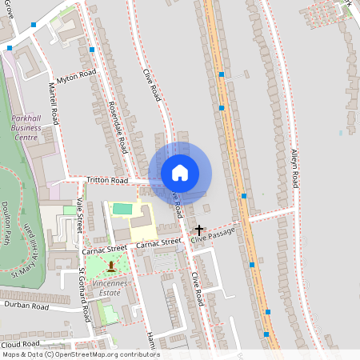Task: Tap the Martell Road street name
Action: pyautogui.click(x=54, y=103)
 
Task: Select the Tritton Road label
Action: pyautogui.click(x=108, y=182)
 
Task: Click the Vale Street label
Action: pyautogui.click(x=80, y=214)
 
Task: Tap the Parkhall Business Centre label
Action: pyautogui.click(x=26, y=127)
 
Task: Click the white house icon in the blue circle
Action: pyautogui.click(x=180, y=173)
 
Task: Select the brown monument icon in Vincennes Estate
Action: pyautogui.click(x=110, y=263)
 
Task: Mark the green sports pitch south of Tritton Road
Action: pyautogui.click(x=122, y=209)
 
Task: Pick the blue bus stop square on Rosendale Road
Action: pyautogui.click(x=93, y=50)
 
